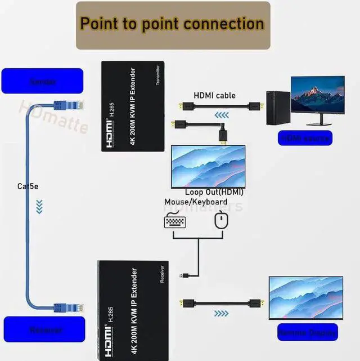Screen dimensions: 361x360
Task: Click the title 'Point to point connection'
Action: click(172, 24)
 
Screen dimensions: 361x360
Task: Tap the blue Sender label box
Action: click(42, 81)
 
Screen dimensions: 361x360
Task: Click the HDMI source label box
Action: click(305, 137)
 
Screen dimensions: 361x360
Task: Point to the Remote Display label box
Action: click(307, 332)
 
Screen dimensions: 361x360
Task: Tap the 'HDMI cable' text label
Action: click(214, 96)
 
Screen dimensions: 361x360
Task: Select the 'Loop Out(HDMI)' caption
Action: click(214, 192)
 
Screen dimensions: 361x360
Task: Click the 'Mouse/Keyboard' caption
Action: click(196, 202)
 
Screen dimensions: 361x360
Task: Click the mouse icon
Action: click(220, 221)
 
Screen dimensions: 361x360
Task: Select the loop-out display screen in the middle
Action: click(208, 166)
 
